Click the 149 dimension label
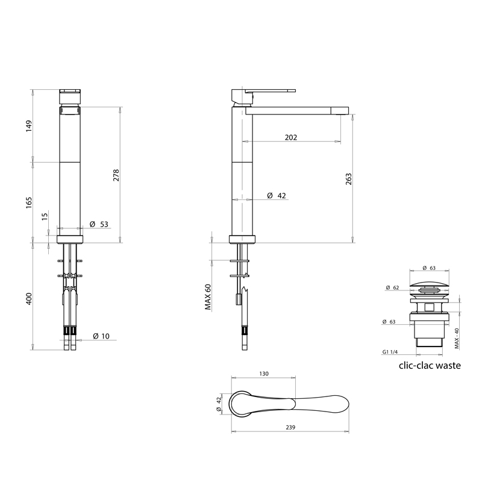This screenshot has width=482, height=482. [28, 127]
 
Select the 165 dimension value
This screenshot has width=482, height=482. [28, 203]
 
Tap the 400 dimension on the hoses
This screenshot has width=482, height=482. [28, 299]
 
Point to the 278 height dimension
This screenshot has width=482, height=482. [116, 175]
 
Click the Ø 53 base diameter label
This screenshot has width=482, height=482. [99, 224]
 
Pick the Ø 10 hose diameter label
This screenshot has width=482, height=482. [101, 336]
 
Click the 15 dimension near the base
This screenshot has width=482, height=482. [45, 216]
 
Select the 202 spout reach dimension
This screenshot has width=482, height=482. [291, 137]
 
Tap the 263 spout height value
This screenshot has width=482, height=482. [349, 179]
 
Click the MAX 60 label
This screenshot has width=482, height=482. [208, 297]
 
